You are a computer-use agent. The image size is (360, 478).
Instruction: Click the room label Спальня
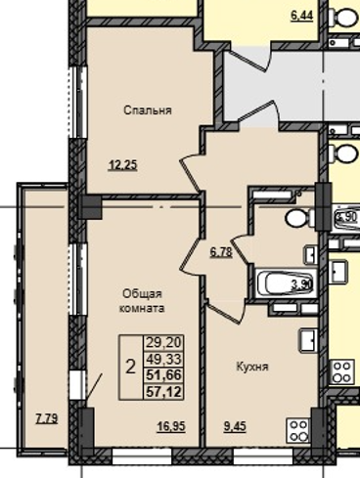click(x=148, y=110)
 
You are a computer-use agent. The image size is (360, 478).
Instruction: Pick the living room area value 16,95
click(x=172, y=424)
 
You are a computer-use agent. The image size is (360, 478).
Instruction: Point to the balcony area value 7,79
click(x=45, y=419)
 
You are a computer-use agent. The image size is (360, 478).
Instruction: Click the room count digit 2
click(x=130, y=367)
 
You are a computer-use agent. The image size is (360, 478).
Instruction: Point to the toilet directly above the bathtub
click(x=295, y=218)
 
